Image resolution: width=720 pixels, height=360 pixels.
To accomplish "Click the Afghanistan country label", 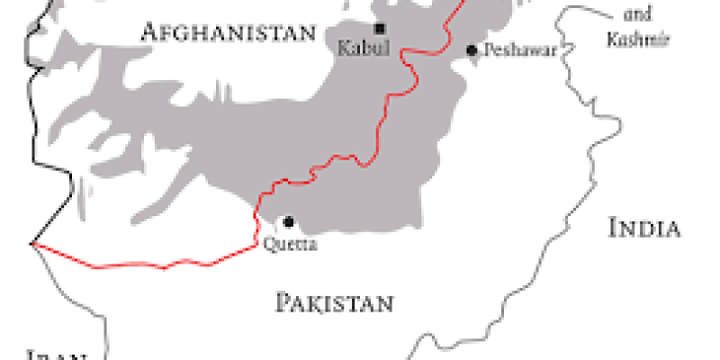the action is click(229, 33).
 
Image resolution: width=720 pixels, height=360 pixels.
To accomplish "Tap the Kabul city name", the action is click(364, 49).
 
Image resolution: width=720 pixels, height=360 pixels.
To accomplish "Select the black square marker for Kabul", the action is click(380, 28).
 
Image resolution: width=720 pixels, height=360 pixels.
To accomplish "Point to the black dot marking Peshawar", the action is click(471, 50).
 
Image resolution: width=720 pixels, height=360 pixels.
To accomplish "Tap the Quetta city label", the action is click(290, 242).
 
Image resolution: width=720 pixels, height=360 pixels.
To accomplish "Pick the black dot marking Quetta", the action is click(288, 221).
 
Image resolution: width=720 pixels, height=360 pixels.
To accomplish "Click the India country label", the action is click(643, 229).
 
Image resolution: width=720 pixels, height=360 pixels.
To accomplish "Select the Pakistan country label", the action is click(334, 302).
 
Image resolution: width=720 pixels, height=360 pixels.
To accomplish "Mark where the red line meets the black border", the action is click(32, 243).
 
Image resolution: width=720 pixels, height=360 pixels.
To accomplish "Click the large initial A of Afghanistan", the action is click(149, 33).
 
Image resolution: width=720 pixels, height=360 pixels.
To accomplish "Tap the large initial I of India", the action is click(614, 229).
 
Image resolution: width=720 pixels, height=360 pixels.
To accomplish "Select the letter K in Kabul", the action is click(343, 49).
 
